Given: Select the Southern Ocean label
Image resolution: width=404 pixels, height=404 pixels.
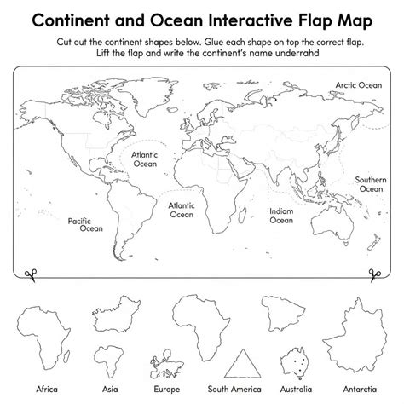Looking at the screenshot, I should coord(370,184).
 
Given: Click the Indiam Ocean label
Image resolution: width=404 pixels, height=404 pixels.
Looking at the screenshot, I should coord(281,215).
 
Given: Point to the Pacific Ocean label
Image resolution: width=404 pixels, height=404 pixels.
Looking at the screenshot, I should coord(85,224).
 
